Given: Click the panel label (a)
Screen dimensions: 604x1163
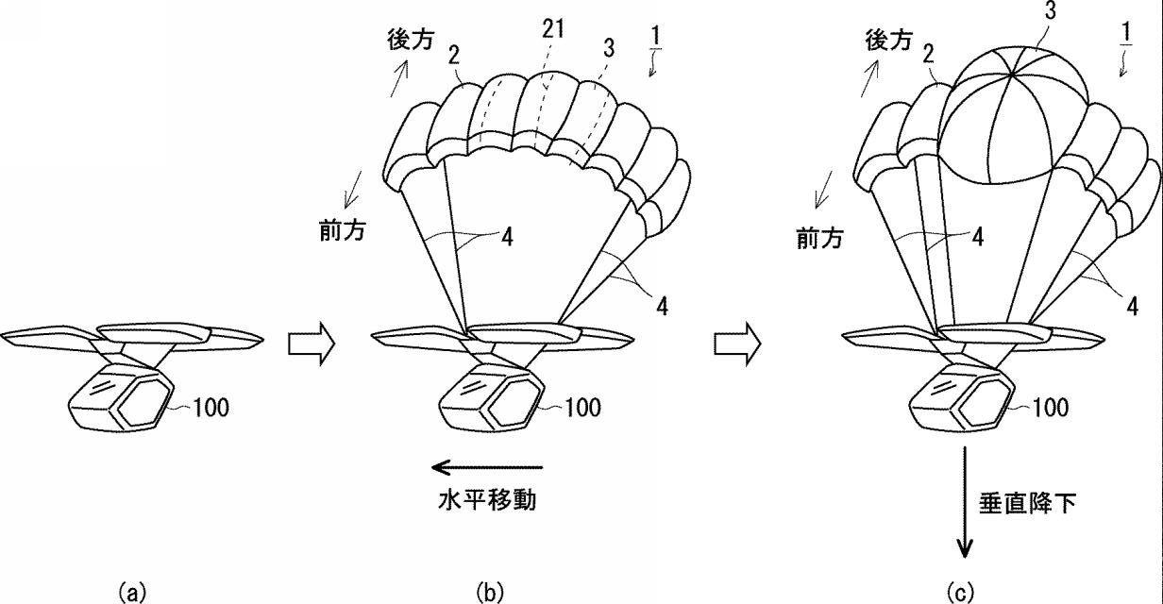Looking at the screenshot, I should tap(131, 593).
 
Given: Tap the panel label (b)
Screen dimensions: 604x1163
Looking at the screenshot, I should tap(491, 593).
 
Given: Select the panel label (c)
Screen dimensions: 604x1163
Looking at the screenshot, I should tap(959, 593).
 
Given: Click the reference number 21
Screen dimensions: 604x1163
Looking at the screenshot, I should tap(553, 29).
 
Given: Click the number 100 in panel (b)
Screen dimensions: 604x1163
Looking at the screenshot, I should tap(583, 408).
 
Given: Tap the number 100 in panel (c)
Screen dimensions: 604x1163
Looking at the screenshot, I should tap(1050, 408).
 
